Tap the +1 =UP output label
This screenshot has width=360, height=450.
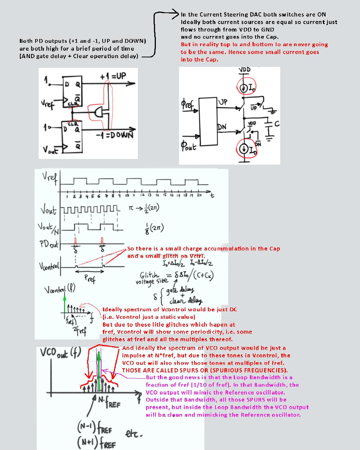pos(113,76)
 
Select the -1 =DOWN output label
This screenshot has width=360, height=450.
pos(114,135)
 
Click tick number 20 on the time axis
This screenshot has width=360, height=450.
pos(199,196)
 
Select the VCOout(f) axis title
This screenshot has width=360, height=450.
pos(60,355)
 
